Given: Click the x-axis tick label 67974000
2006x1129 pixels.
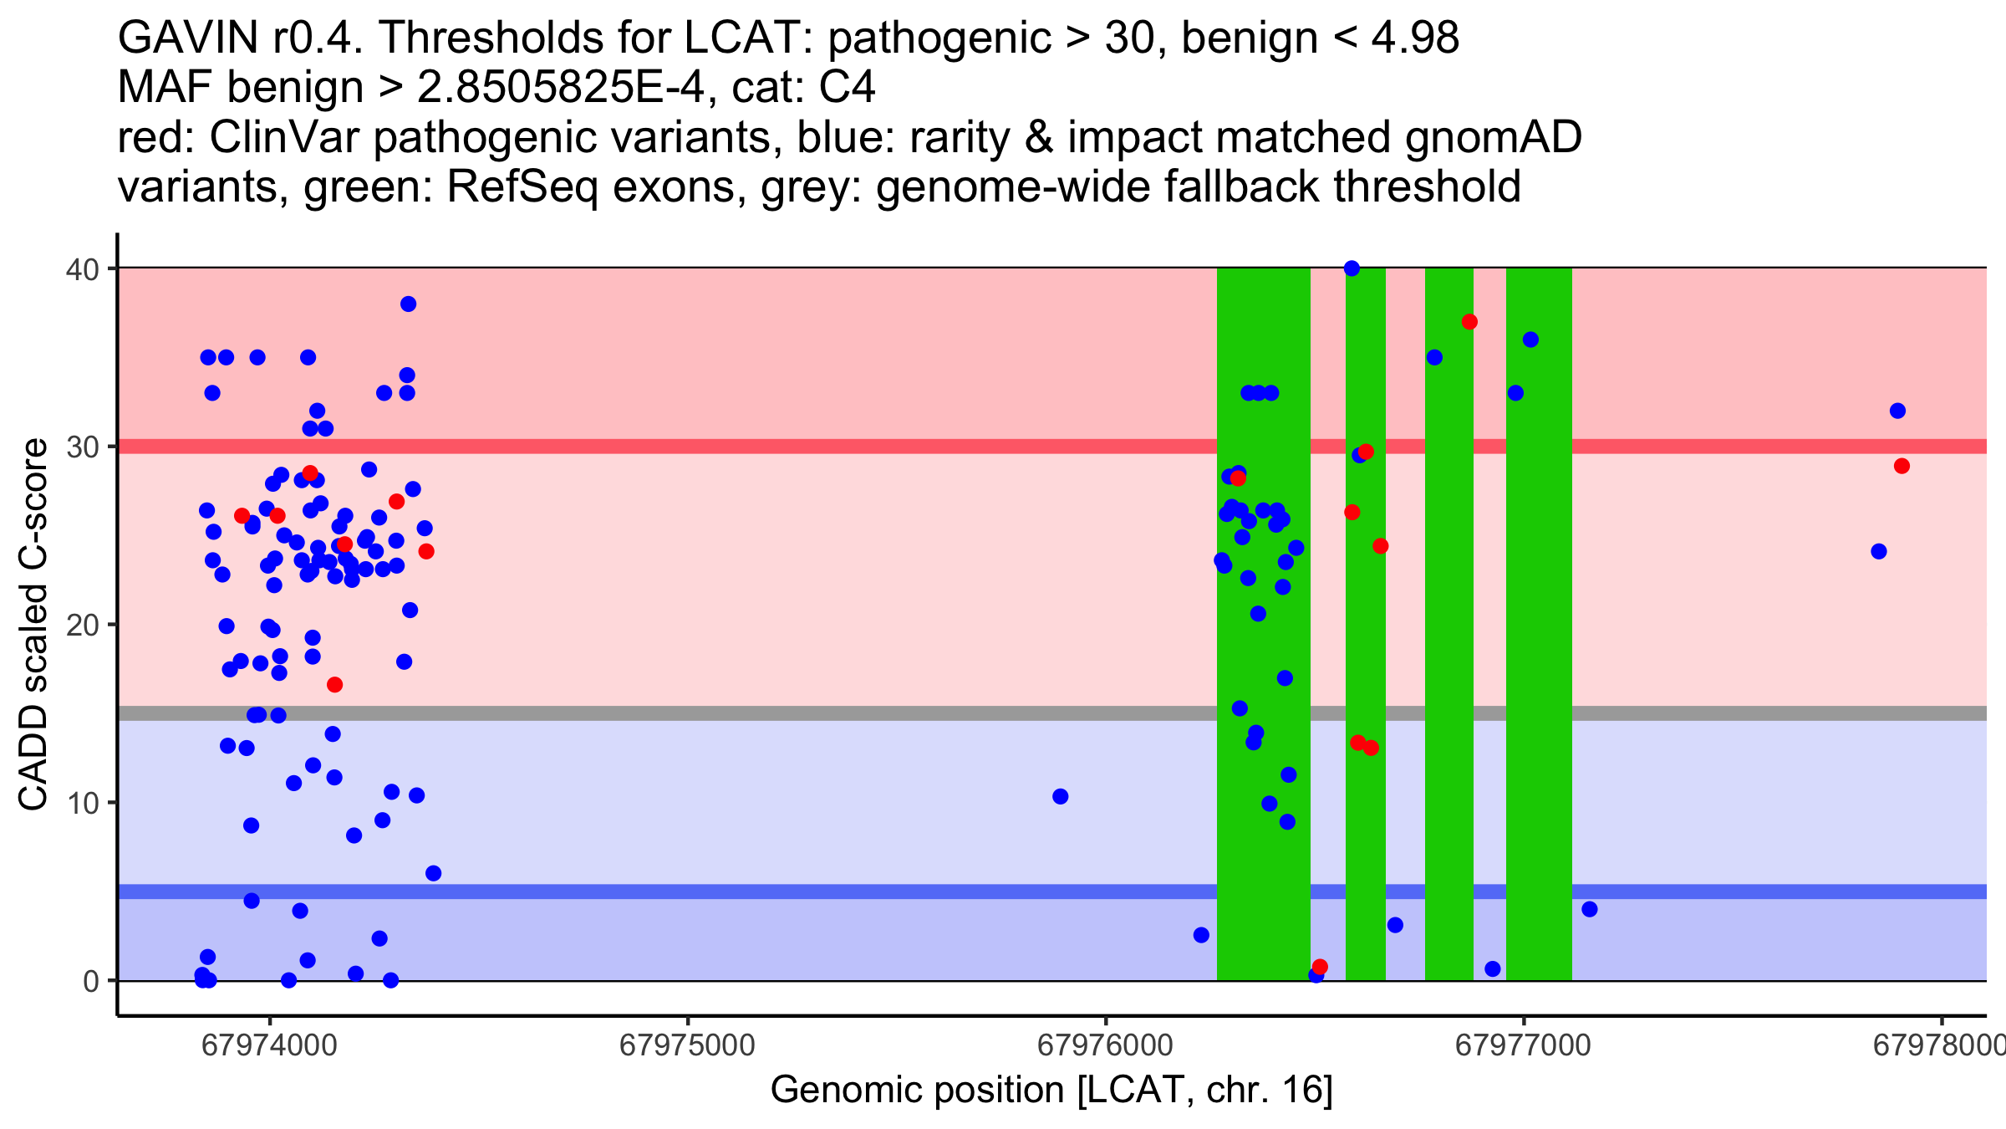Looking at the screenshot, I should point(269,1045).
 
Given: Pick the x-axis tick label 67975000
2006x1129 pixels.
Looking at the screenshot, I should point(687,1045).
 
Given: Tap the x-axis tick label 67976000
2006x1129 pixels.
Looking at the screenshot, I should point(1105,1045).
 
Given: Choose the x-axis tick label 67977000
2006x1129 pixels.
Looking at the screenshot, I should point(1523,1045).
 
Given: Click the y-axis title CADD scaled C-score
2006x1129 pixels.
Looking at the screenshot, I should point(33,625).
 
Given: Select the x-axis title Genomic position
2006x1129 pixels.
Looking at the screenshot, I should point(1051,1091).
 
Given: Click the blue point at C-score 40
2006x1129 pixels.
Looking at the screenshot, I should point(1352,268).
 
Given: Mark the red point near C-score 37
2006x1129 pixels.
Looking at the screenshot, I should point(1469,322).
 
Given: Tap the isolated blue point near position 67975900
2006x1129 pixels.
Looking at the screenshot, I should point(1060,796).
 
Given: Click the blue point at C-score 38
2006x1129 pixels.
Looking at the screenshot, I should point(408,304).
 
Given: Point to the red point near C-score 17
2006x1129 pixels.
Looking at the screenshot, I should point(334,685).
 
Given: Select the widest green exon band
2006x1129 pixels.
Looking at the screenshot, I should point(1263,624).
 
